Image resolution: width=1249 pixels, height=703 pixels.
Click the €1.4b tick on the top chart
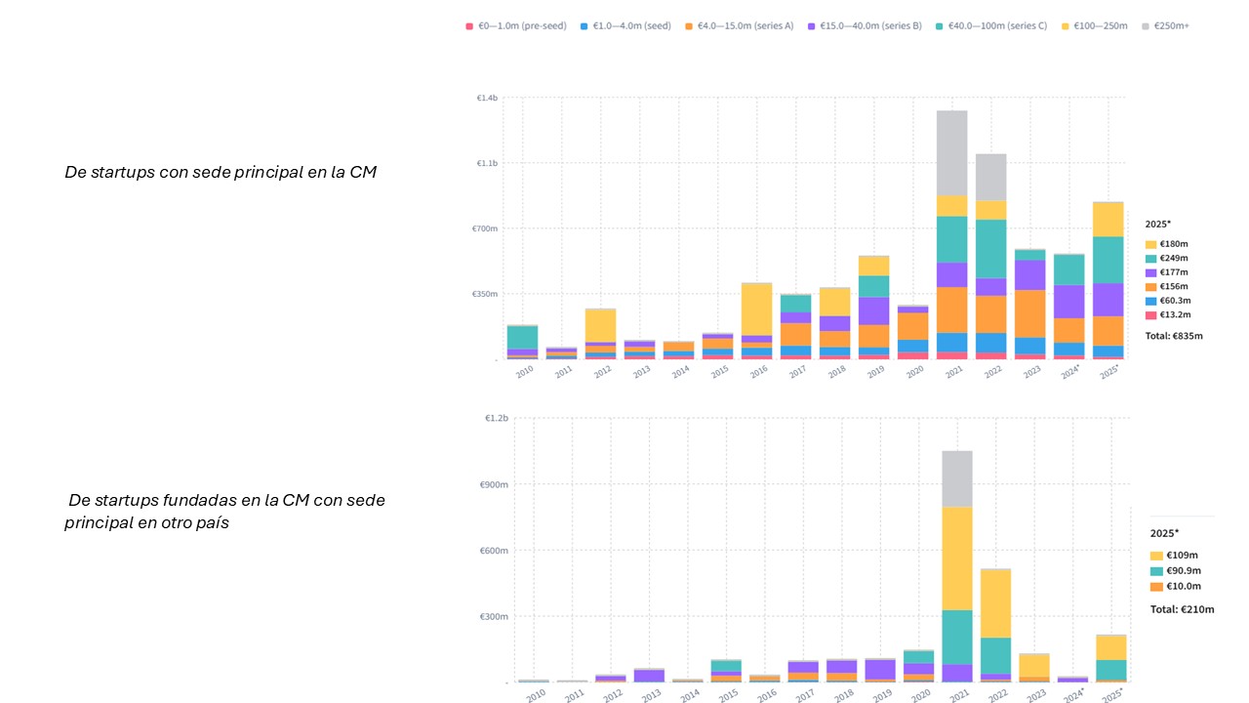(487, 98)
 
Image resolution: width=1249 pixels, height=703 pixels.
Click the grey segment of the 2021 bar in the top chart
(951, 152)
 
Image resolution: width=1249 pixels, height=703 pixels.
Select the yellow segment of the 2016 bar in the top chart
(756, 309)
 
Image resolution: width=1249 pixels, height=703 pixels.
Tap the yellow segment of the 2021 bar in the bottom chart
(957, 558)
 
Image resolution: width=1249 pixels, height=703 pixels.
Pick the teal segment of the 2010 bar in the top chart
(522, 337)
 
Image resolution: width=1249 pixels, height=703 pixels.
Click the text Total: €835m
(1174, 336)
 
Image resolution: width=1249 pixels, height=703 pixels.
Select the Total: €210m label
(1182, 609)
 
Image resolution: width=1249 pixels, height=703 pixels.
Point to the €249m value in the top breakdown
(1175, 258)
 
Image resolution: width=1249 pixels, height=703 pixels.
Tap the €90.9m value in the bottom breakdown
(1181, 570)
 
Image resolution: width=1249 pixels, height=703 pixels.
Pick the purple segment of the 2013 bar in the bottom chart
(649, 675)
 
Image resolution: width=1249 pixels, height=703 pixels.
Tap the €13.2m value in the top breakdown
(1177, 314)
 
